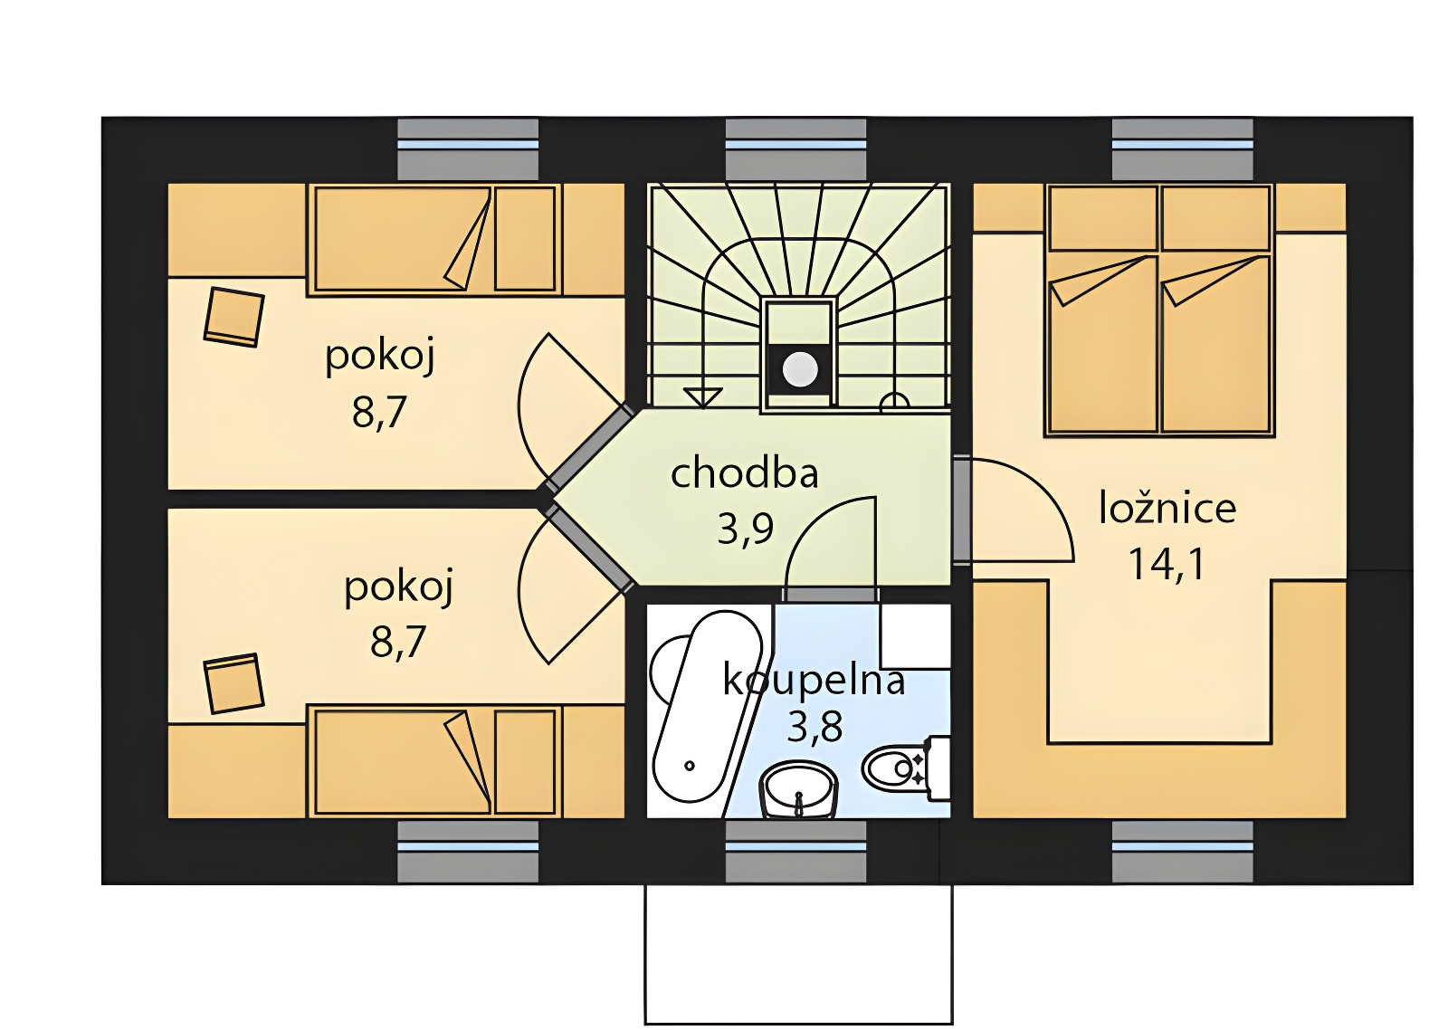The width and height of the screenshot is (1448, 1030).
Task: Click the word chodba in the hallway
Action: click(x=745, y=473)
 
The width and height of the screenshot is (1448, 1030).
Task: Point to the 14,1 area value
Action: click(x=1167, y=564)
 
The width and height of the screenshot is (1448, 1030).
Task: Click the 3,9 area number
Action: click(x=745, y=530)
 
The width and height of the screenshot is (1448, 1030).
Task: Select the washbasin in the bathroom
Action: click(x=800, y=789)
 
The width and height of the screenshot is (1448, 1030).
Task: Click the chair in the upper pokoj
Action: click(x=234, y=317)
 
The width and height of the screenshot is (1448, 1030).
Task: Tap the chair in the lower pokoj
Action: click(x=234, y=683)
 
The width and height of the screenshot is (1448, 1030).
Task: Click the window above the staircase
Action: click(x=795, y=149)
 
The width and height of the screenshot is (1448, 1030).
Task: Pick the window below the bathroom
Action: click(x=795, y=852)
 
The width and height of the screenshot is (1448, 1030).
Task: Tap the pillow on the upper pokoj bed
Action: click(x=525, y=239)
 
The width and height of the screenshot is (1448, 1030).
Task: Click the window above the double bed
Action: click(x=1182, y=149)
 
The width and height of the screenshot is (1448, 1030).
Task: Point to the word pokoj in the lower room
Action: click(x=398, y=587)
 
